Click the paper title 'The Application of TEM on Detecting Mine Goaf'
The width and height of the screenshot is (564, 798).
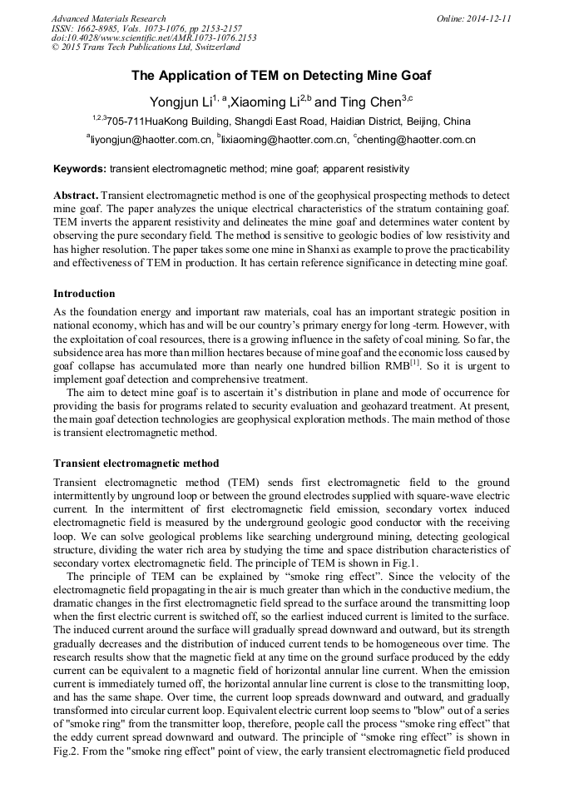pyautogui.click(x=281, y=76)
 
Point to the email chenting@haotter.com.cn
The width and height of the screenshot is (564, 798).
pyautogui.click(x=417, y=140)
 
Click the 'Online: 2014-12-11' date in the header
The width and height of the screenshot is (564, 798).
pyautogui.click(x=474, y=18)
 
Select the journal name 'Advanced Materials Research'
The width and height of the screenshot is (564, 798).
pyautogui.click(x=108, y=18)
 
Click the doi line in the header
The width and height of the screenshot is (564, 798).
pyautogui.click(x=154, y=37)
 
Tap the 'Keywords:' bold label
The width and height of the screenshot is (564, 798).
pyautogui.click(x=80, y=169)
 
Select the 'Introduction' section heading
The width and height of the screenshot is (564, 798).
pyautogui.click(x=84, y=294)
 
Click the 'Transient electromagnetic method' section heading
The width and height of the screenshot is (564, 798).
pyautogui.click(x=136, y=463)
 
